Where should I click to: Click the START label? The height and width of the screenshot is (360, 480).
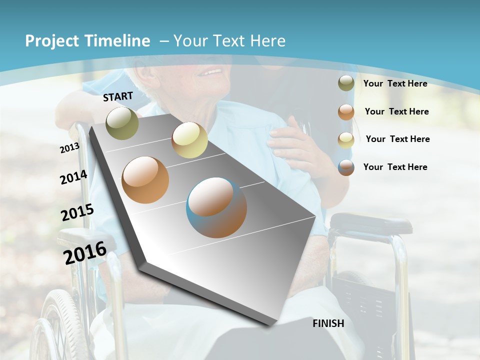pos(118,96)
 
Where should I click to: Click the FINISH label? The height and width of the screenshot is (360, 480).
pos(328,323)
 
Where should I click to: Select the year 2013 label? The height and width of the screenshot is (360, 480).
pos(69,148)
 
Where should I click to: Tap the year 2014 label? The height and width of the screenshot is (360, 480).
pos(73,177)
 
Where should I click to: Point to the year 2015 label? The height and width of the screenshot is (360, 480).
pos(77,212)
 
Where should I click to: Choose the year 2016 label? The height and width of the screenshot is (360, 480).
pos(85,253)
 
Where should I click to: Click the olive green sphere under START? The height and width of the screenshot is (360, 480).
pos(122,123)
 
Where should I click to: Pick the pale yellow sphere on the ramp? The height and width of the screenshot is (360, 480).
pos(189,140)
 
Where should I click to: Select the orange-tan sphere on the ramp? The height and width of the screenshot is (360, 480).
pos(145,180)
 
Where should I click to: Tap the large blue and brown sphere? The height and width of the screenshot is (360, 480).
pos(216,207)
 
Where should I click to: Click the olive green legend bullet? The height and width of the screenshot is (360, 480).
pos(346,83)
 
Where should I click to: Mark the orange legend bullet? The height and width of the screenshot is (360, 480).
pos(346,111)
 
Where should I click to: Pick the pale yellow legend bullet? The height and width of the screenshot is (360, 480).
pos(346,139)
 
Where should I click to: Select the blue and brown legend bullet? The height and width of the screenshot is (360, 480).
pos(346,167)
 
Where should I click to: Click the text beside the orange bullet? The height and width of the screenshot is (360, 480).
pos(396,111)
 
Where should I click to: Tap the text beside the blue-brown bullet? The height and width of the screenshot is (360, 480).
pos(395,167)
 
